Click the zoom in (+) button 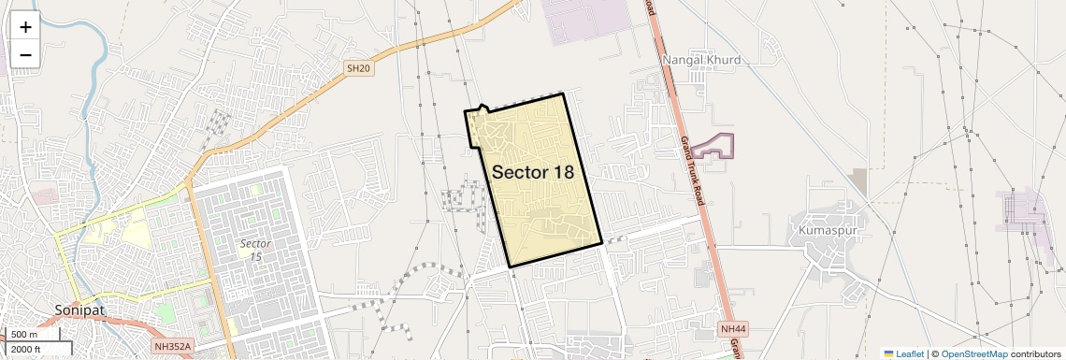[25, 27]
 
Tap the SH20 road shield [358, 68]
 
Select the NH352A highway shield [172, 347]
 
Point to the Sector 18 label [532, 172]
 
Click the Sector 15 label [254, 249]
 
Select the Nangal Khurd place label [701, 60]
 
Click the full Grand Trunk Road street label [692, 171]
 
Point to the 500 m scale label [24, 335]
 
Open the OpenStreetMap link [973, 353]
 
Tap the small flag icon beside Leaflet [888, 353]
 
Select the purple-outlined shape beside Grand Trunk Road [715, 147]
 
